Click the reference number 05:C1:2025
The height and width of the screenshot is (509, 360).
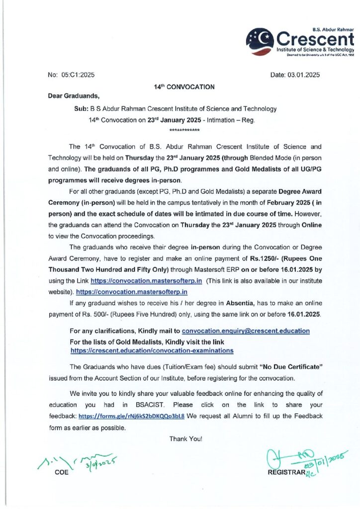(78, 75)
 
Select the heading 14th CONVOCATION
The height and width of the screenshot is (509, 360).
(184, 87)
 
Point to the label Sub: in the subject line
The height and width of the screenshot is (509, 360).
(81, 108)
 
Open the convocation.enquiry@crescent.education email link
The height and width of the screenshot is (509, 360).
(246, 331)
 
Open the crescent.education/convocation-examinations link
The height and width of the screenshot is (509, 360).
(152, 350)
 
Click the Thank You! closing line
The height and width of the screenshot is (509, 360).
(185, 438)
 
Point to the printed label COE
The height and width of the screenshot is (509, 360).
(61, 472)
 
